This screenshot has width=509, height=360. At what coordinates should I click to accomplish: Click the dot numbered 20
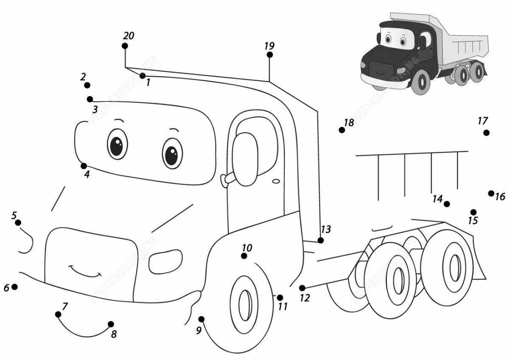pos(125,46)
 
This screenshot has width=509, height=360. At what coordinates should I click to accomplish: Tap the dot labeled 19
pos(269,55)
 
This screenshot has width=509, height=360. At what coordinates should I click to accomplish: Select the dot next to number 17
pos(486,133)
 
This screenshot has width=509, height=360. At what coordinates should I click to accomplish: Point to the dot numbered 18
pos(341,130)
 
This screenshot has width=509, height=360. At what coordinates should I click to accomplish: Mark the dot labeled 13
pos(321,240)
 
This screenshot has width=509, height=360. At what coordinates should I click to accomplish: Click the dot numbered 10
pos(244,256)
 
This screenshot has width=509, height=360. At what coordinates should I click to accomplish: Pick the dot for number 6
pos(14,287)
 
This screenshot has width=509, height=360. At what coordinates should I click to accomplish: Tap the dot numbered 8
pos(111,324)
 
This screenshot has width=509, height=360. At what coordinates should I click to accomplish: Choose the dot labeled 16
pos(491,194)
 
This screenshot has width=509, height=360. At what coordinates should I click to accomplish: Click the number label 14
pos(437,199)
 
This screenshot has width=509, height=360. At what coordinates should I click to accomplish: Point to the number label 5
pos(14,215)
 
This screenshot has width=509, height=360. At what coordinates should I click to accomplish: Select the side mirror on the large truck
pos(245,159)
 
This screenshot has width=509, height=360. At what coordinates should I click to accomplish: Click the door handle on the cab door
pos(276,181)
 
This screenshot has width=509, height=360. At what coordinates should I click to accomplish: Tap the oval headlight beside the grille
pos(165,262)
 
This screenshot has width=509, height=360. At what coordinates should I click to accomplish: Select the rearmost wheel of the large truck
pos(452,267)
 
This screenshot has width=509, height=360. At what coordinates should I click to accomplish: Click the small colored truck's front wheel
pos(421,83)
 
